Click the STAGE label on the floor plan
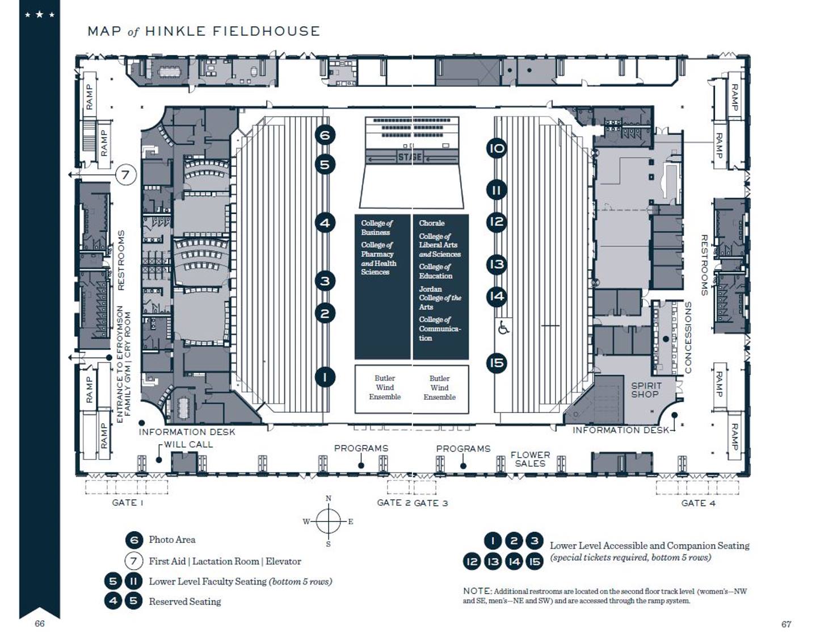(410, 157)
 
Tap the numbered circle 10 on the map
(497, 148)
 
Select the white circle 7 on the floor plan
(126, 175)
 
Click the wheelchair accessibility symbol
(503, 329)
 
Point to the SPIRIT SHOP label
(646, 390)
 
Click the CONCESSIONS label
(688, 337)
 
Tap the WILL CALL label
(188, 444)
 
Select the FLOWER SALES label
(530, 459)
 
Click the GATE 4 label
(698, 503)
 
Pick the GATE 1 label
(128, 503)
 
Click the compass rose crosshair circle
(329, 521)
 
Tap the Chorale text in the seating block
(432, 223)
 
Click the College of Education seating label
(436, 271)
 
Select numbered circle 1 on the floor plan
(325, 377)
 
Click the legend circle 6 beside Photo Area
(134, 540)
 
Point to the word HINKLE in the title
(175, 31)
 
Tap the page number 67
(786, 624)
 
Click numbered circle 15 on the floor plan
(497, 363)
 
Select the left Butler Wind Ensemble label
(385, 387)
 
